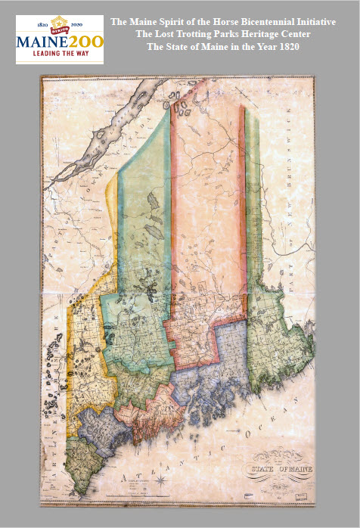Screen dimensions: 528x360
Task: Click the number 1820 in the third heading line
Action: [x=297, y=48]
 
